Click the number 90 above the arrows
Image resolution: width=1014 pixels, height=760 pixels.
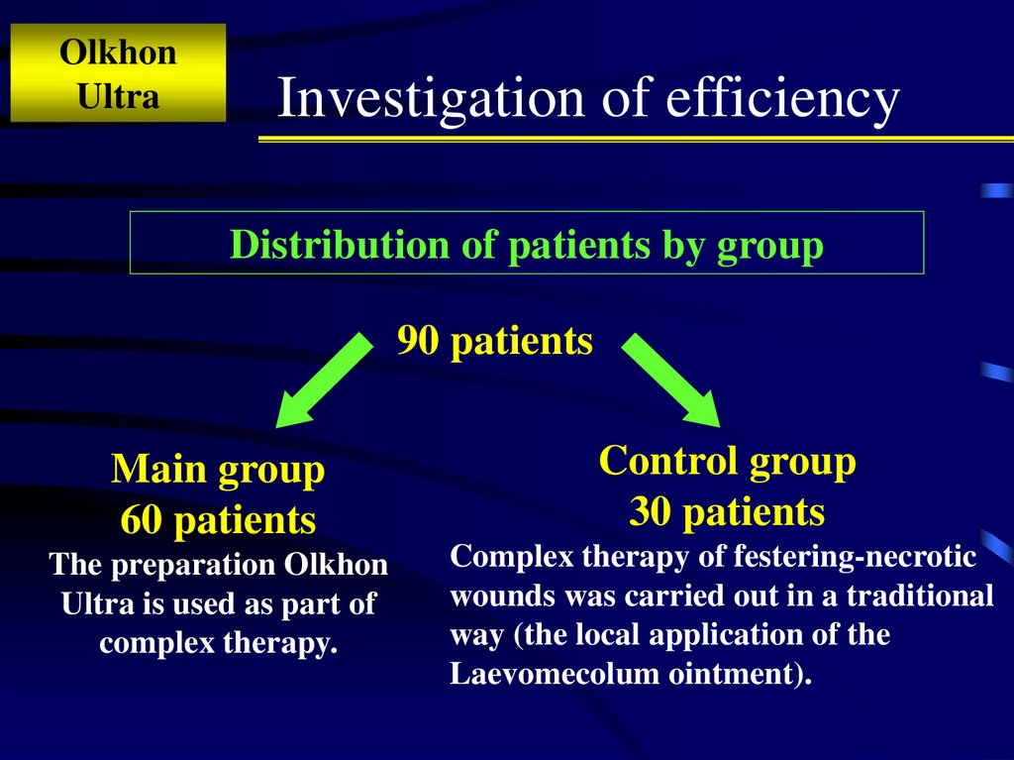[418, 341]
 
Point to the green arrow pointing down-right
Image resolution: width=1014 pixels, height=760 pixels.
[670, 380]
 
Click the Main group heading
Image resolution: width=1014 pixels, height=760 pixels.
[218, 470]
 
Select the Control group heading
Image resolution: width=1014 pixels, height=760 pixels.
[727, 461]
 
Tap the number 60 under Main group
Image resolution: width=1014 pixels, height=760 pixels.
[143, 519]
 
